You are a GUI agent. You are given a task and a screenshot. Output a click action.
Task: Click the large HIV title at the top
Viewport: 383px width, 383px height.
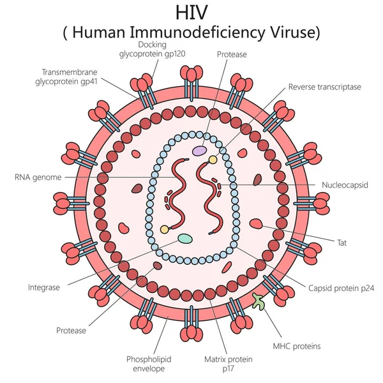(191, 13)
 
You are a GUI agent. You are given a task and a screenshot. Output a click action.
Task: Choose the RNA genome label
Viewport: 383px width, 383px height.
(39, 177)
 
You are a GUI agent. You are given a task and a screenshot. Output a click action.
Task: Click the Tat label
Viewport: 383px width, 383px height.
(342, 243)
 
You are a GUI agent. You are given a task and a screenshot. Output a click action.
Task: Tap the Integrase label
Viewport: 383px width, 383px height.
(44, 288)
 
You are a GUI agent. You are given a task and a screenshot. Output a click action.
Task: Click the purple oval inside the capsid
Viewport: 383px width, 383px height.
(200, 151)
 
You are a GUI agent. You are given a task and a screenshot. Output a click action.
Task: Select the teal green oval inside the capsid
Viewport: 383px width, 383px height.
(185, 239)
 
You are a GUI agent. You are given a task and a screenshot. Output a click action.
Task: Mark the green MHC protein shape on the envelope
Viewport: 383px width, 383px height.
(259, 301)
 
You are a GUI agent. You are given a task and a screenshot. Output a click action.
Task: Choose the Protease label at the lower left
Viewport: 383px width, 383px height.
(71, 331)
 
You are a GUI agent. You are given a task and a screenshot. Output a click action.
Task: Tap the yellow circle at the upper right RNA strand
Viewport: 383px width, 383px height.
(213, 159)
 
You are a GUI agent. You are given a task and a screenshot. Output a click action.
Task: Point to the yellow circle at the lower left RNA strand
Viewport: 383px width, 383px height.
(165, 229)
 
